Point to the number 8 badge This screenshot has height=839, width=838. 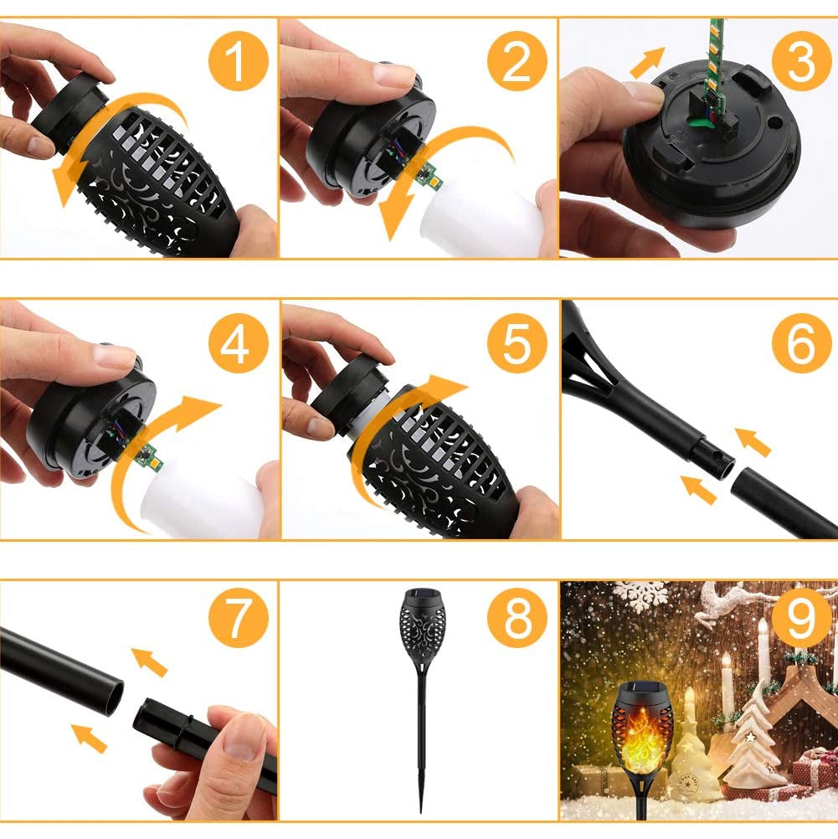pyautogui.click(x=517, y=620)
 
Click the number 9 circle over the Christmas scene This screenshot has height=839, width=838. pyautogui.click(x=800, y=620)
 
